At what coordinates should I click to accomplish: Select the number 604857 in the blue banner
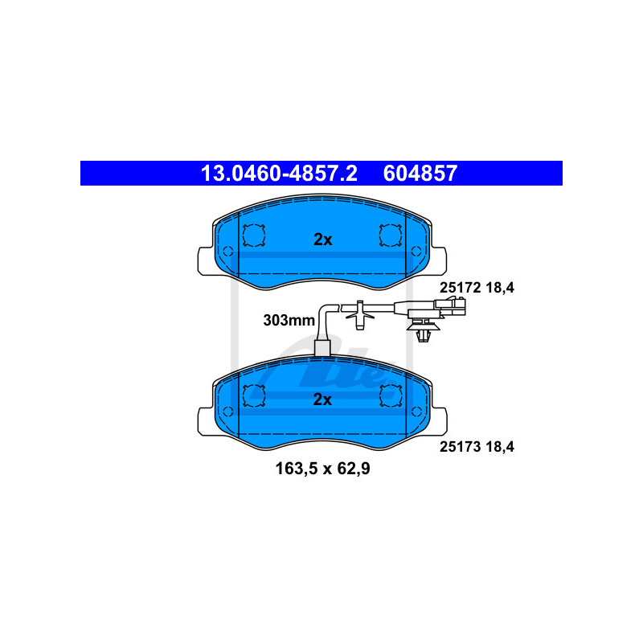[420, 173]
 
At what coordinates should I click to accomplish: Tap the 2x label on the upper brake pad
[322, 239]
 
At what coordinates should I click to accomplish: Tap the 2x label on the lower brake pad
[322, 399]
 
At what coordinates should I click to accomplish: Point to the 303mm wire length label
[289, 320]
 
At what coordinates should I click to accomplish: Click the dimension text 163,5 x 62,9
[322, 468]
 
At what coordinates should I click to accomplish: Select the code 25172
[458, 286]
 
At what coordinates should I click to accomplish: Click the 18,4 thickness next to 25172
[499, 286]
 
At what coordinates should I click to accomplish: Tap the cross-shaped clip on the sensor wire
[359, 313]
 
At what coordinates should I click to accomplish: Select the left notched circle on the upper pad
[253, 235]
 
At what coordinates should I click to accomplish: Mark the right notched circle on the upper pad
[391, 235]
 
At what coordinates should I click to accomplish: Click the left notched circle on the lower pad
[253, 395]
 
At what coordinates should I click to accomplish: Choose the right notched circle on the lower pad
[391, 395]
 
